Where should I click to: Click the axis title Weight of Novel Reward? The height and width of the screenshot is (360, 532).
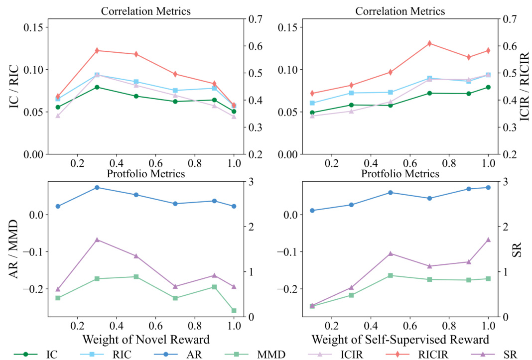coord(146,340)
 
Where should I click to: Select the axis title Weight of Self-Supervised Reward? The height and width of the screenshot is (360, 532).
coord(400,340)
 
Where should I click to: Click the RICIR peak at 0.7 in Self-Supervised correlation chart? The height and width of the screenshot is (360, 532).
coord(429,43)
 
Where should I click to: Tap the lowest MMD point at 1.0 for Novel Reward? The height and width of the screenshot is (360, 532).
coord(234,311)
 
